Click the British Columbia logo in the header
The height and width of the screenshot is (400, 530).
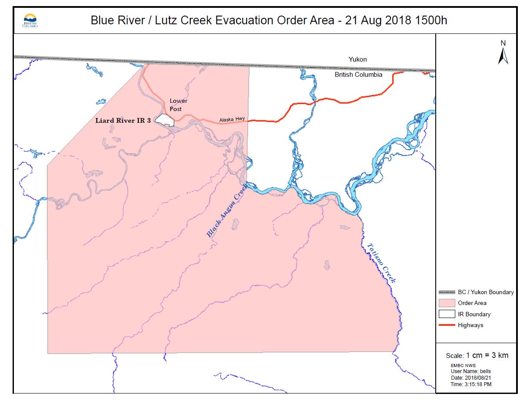point(30,20)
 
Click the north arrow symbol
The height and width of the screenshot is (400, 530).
point(503,53)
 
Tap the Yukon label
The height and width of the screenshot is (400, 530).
point(358,59)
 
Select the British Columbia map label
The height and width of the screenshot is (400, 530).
point(358,75)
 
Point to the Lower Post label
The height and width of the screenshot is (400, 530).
point(178,105)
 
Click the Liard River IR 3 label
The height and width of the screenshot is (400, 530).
point(123,121)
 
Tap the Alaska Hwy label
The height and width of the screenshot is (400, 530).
point(232,119)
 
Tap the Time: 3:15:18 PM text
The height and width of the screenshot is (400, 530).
point(471,384)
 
